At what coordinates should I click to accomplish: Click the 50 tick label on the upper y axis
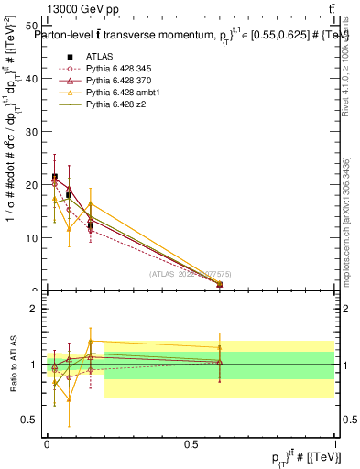coord(34,26)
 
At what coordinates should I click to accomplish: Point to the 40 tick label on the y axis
coord(34,79)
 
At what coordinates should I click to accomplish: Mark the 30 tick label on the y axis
coord(34,132)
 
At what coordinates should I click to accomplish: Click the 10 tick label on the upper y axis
coord(34,238)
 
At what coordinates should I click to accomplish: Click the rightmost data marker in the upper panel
coord(219,285)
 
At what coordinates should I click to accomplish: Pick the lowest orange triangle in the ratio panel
coord(70,398)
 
